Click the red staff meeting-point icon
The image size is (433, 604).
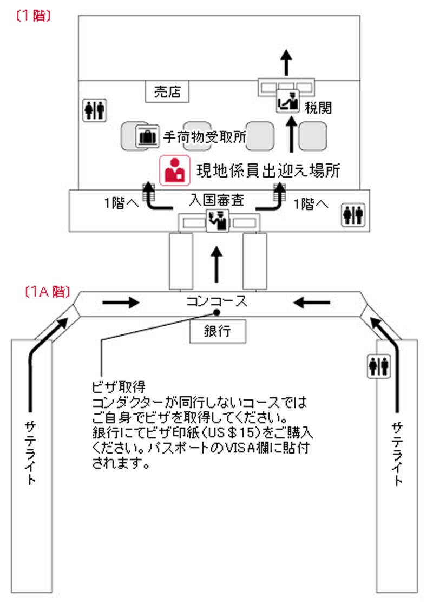tap(174, 170)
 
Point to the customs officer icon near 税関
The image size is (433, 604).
tap(287, 102)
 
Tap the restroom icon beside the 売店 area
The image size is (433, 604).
tap(94, 110)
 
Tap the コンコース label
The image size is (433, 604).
tap(216, 301)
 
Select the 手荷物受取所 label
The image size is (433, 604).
tap(205, 137)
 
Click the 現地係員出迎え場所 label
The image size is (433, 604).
tap(267, 170)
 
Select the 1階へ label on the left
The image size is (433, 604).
tap(122, 204)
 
